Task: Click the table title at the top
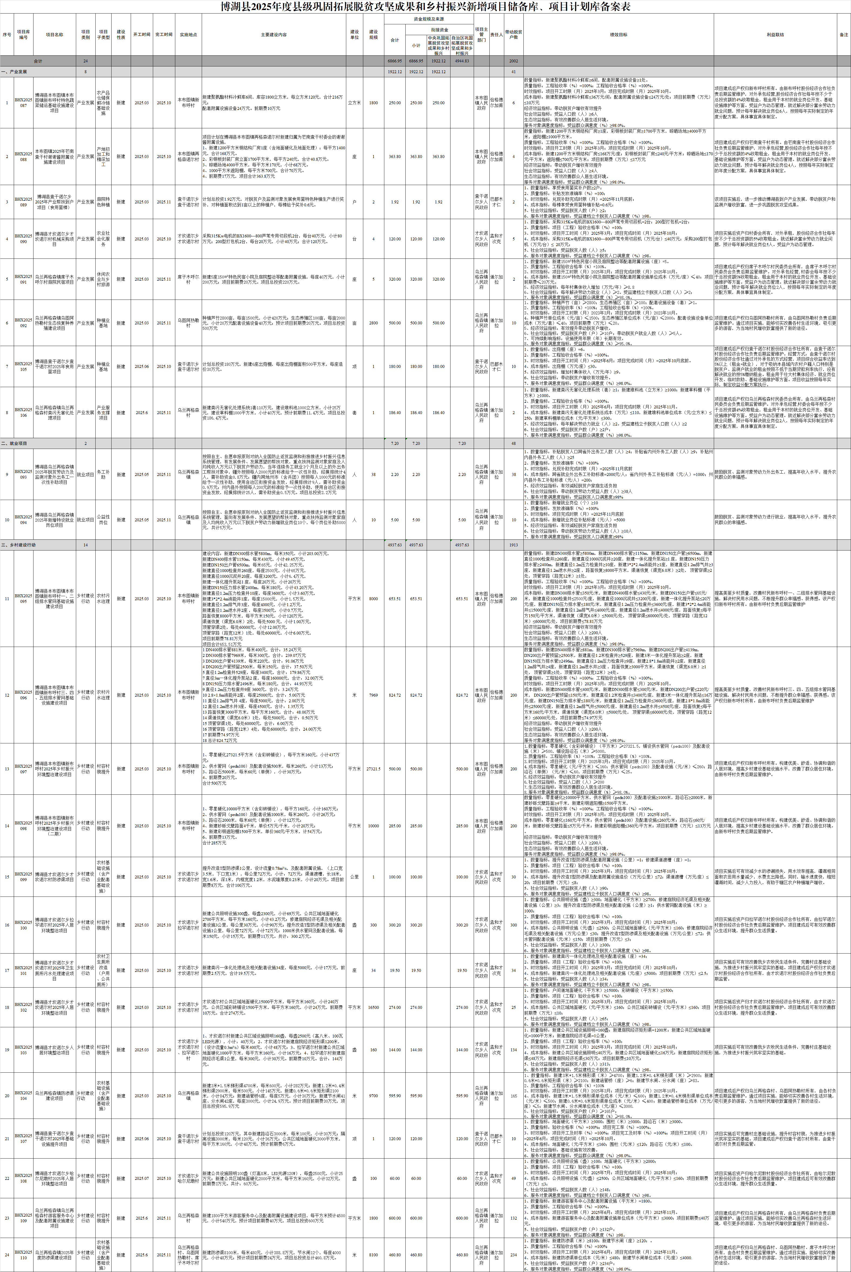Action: (426, 6)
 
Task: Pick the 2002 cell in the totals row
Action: (513, 61)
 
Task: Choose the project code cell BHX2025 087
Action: (23, 103)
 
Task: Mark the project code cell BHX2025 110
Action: (23, 1255)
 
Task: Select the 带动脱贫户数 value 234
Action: (513, 1255)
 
